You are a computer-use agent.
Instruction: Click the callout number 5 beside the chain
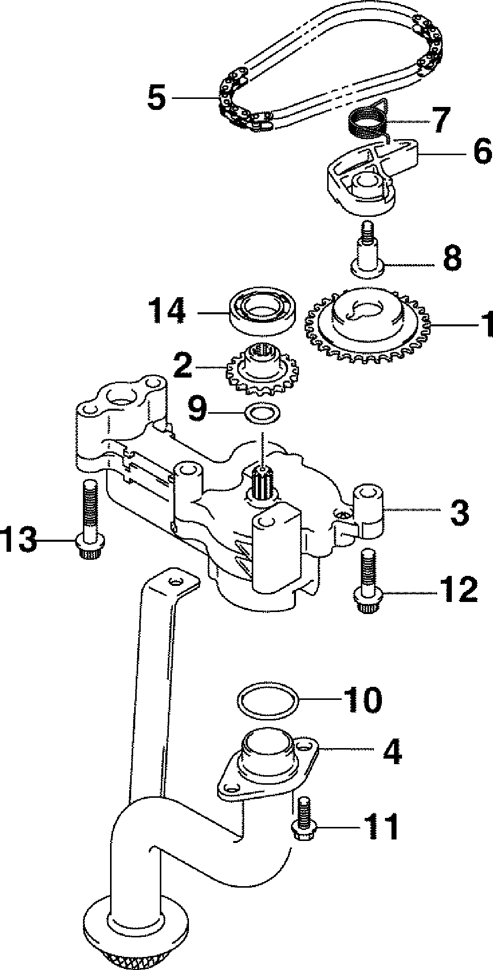tap(156, 98)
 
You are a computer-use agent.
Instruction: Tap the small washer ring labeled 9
tap(262, 415)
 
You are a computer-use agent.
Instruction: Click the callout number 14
tap(166, 312)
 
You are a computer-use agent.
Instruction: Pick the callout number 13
tap(19, 540)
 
